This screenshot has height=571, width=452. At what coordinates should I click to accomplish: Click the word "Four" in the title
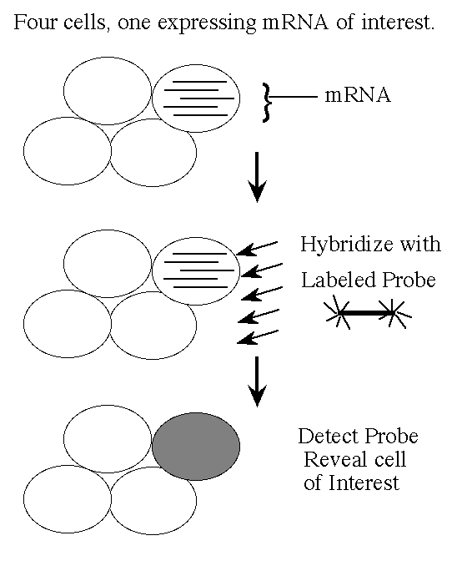click(35, 22)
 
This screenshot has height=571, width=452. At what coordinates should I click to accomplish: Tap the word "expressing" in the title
click(207, 23)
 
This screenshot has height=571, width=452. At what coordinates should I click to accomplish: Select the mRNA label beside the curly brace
click(358, 95)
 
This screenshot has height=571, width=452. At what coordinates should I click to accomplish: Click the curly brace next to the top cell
click(267, 103)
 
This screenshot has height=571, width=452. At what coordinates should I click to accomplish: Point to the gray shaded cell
click(196, 446)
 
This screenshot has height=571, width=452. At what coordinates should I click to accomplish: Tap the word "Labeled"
click(334, 280)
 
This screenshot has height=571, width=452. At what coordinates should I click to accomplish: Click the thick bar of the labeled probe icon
click(365, 312)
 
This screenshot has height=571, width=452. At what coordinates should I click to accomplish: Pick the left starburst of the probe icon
click(339, 312)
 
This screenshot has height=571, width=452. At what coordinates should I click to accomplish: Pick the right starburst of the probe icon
click(393, 312)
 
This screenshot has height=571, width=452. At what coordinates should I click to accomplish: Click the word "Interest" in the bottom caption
click(364, 483)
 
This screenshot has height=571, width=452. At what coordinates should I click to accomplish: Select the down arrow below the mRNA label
click(257, 177)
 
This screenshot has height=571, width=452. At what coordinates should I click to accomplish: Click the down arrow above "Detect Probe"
click(257, 382)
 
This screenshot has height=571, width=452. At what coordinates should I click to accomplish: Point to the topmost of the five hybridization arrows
click(257, 248)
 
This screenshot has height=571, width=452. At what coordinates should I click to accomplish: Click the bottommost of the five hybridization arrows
click(258, 337)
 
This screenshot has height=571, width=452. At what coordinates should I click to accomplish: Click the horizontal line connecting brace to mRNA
click(293, 97)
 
